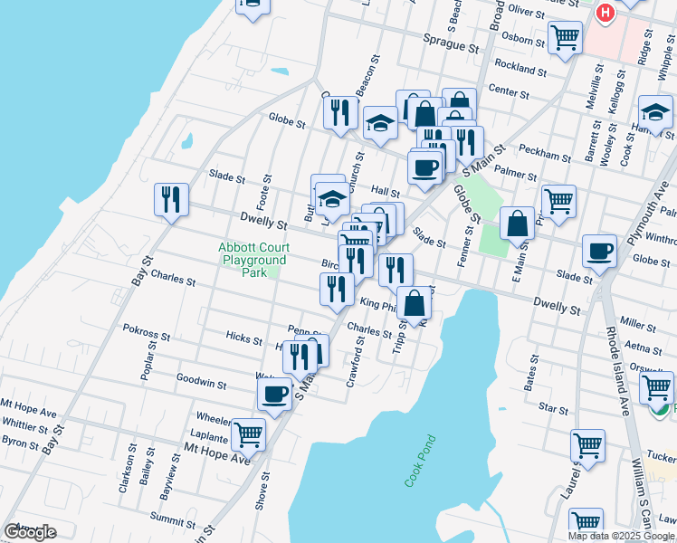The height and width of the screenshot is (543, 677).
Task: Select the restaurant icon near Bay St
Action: click(x=171, y=199)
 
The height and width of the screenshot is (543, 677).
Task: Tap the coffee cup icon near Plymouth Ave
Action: click(x=598, y=251)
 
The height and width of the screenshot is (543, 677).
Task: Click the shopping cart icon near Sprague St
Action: click(x=565, y=37)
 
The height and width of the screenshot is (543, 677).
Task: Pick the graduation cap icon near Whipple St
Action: click(x=654, y=112)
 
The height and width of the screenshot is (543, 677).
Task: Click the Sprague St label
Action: click(x=451, y=43)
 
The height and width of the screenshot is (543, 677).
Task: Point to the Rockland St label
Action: click(x=521, y=67)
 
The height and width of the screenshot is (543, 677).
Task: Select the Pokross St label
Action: click(x=146, y=333)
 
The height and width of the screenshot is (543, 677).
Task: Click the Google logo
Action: click(x=29, y=532)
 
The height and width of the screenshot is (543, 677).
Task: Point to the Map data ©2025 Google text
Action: click(x=620, y=536)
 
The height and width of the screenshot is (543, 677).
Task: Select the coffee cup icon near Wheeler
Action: click(x=274, y=393)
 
